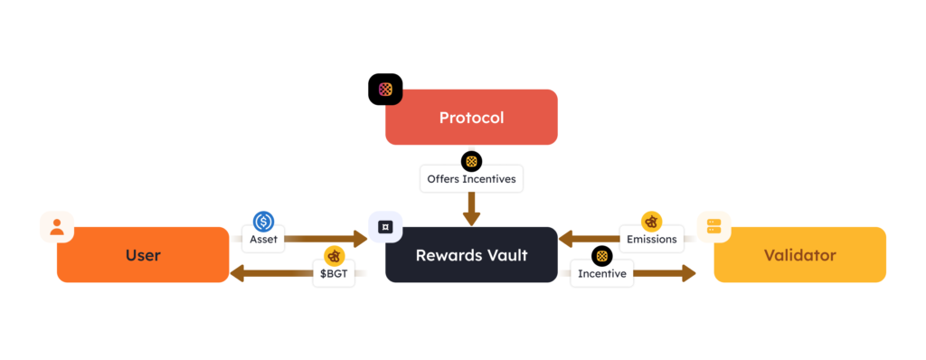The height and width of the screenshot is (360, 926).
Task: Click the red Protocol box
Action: tap(470, 118)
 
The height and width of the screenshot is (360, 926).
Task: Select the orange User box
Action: tap(143, 255)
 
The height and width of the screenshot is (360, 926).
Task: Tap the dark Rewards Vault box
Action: tap(470, 255)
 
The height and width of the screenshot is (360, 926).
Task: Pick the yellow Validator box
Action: tap(799, 255)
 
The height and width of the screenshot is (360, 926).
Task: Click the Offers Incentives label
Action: tap(471, 179)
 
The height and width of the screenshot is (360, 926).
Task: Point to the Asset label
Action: tap(264, 240)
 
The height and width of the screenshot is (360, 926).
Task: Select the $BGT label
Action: tap(335, 273)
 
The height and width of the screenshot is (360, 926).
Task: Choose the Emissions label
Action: tap(651, 240)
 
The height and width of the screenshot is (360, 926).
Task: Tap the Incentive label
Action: tap(601, 273)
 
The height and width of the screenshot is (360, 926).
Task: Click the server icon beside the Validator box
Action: tap(713, 227)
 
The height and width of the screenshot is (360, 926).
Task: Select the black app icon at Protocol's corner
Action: tap(385, 90)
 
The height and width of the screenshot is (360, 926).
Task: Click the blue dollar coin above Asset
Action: tap(264, 221)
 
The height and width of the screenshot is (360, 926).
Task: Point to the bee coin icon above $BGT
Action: tap(335, 256)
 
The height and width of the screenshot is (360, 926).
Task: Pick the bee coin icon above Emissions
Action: tap(651, 222)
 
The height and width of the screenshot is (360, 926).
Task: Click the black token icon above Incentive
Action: tap(601, 256)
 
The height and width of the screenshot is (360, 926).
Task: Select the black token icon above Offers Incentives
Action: tap(471, 162)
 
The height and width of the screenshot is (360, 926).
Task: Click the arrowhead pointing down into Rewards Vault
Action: tap(471, 219)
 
